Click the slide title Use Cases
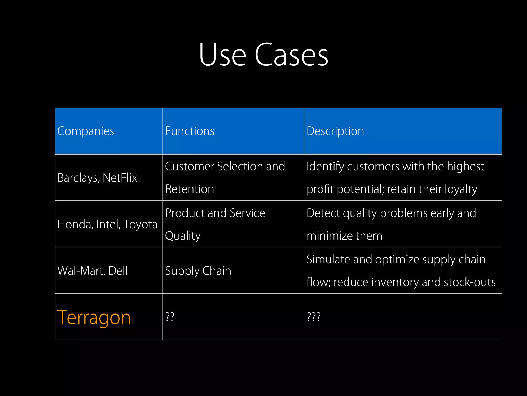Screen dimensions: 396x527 tap(263, 55)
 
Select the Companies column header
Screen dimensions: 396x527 tap(86, 131)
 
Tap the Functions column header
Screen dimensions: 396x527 tap(190, 131)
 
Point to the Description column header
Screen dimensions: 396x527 tap(335, 131)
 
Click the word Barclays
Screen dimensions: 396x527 tap(78, 178)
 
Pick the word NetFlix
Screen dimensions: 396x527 tap(120, 178)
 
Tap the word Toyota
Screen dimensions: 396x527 tap(140, 225)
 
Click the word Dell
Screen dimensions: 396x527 tap(118, 271)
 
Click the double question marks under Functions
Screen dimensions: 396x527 tap(170, 317)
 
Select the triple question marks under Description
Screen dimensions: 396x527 tap(313, 317)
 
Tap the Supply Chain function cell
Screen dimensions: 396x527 tap(198, 271)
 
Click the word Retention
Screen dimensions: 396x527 tap(189, 189)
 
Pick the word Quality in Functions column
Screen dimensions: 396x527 tap(183, 236)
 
